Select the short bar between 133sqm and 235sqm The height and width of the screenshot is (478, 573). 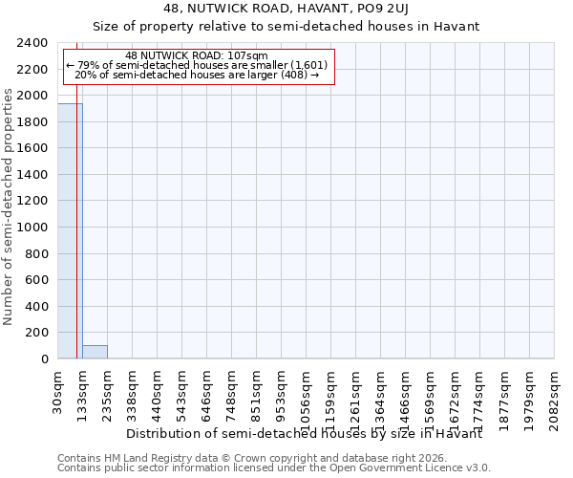tap(95, 352)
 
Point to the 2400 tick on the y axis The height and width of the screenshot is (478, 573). tap(34, 43)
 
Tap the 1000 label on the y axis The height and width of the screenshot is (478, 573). tap(34, 228)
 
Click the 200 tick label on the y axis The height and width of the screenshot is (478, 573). tap(38, 333)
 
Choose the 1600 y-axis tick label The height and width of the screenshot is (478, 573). tap(34, 148)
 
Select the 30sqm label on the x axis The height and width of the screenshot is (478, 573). tap(57, 393)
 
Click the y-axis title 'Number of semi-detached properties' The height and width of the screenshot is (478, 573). tap(9, 206)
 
